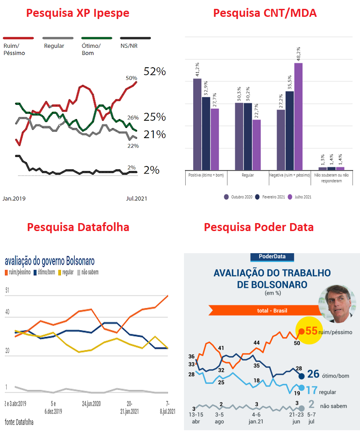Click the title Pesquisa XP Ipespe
coord(77,13)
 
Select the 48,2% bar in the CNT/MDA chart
coord(299,116)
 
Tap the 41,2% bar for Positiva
coord(197,124)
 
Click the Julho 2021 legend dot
coord(290,197)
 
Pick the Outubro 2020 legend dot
coord(226,197)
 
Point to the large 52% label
coord(155,72)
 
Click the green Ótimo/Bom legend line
coord(96,38)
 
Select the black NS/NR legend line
coord(135,38)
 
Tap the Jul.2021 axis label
coord(137,198)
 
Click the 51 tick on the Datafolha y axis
coord(7,290)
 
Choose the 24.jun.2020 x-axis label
coord(91,404)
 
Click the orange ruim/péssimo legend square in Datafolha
coord(6,273)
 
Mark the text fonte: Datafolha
coord(19,422)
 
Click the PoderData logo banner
coord(272,257)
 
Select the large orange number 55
coord(311,331)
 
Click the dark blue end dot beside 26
coord(301,376)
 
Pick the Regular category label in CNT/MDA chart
coord(248,175)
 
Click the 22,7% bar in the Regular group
coord(257,145)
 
